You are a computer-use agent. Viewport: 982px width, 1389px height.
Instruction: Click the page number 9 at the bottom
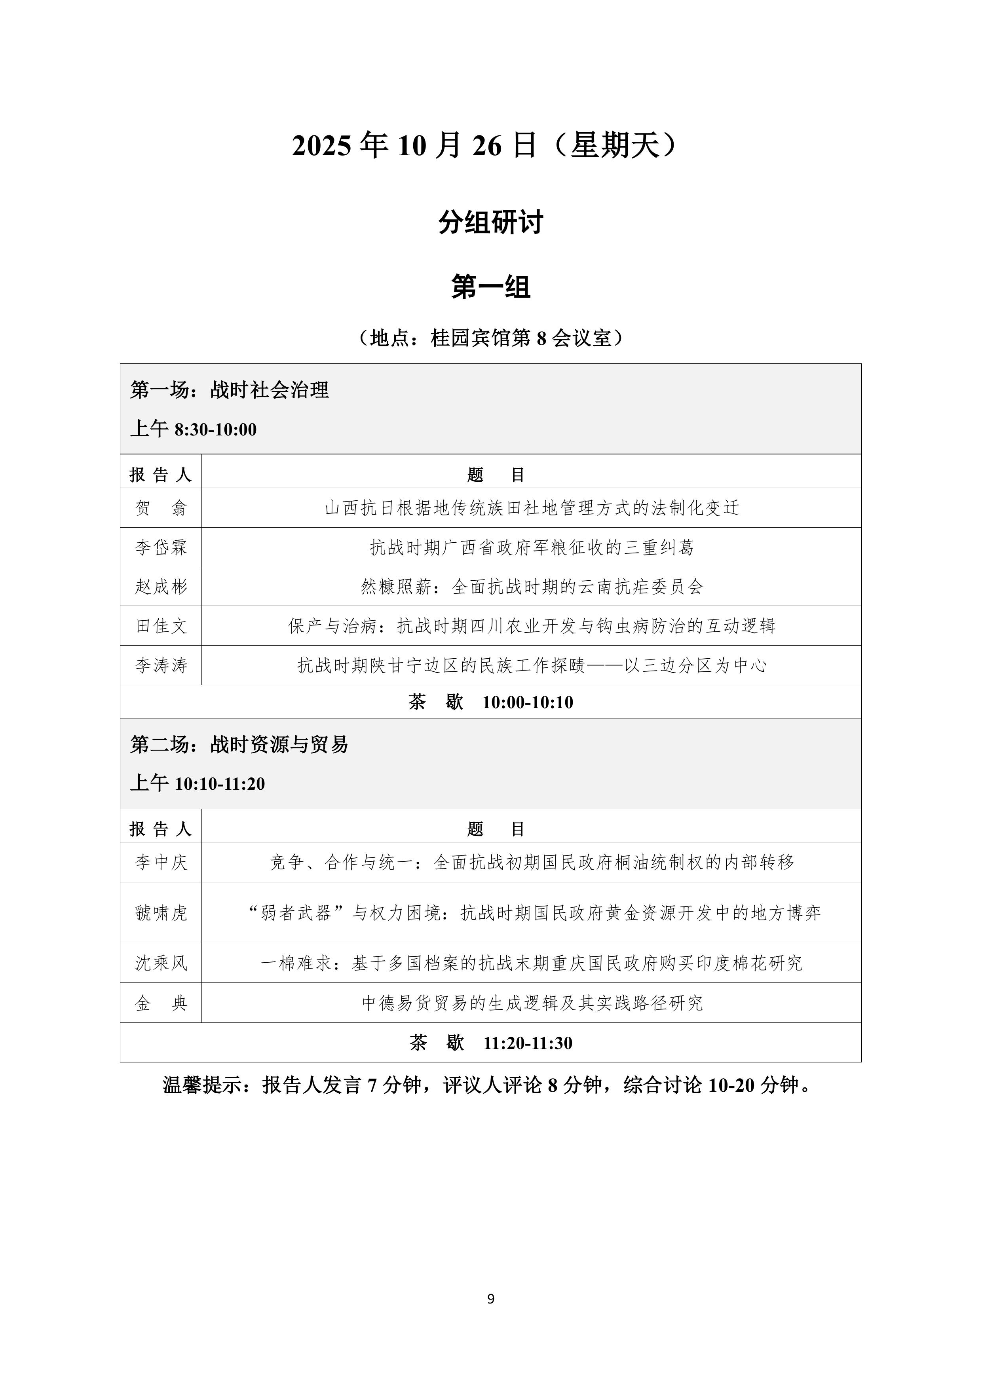[491, 1298]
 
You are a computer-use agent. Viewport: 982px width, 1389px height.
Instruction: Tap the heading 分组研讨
[491, 222]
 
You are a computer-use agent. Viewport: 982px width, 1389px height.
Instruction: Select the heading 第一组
[491, 286]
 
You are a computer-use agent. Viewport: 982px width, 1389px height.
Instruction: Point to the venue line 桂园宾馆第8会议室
[491, 338]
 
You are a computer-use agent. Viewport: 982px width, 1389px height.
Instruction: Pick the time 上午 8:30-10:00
[193, 429]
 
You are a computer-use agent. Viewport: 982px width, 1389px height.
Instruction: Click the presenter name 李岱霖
[161, 547]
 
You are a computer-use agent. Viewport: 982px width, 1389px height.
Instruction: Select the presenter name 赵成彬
[161, 586]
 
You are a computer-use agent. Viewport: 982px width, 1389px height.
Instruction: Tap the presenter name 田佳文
[161, 625]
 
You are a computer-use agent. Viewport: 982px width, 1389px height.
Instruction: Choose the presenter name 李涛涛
[161, 665]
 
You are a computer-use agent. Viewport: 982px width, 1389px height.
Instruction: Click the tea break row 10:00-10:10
[491, 702]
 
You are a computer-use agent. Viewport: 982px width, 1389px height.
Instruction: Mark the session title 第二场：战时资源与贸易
[239, 744]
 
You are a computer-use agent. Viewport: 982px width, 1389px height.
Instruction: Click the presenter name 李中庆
[161, 862]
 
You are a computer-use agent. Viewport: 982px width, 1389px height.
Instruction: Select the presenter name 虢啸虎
[161, 912]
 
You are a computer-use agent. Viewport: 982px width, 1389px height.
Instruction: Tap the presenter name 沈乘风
[161, 963]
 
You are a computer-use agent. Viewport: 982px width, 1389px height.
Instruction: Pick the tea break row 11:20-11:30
[491, 1042]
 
